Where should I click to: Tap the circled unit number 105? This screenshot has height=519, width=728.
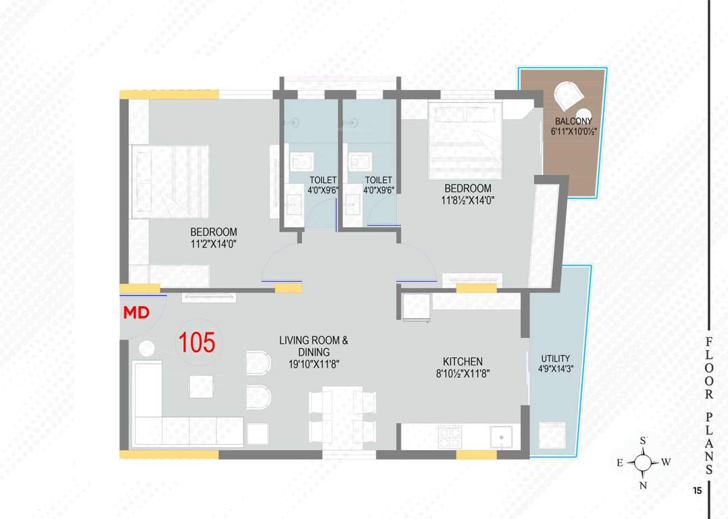197,343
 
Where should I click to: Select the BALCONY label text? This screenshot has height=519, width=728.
573,122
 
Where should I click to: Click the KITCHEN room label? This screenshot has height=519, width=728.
462,362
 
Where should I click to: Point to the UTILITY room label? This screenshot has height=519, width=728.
556,359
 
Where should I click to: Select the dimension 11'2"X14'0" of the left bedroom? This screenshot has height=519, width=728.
214,244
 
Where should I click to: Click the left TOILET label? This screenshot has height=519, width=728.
323,180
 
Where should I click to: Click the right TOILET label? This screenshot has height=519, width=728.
379,180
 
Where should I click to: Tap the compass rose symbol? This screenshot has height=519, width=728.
644,463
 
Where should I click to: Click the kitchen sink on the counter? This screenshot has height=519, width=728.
500,437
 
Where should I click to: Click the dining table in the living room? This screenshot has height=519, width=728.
341,414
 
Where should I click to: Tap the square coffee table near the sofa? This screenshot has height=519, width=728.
201,387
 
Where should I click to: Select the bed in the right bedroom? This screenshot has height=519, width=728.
465,140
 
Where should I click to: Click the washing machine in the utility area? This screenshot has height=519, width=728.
552,436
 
